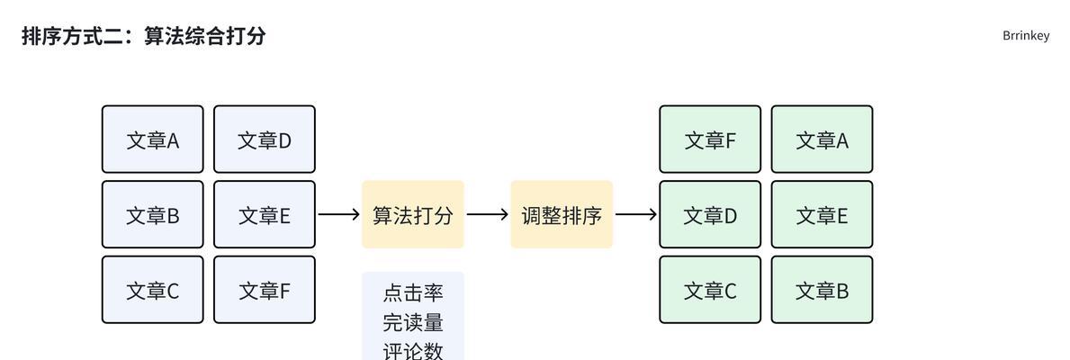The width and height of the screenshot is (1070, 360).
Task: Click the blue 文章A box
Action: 152,139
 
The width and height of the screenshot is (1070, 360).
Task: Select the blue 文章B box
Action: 152,215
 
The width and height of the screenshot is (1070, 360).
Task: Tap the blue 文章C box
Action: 152,290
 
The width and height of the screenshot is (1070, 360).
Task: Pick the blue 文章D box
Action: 264,139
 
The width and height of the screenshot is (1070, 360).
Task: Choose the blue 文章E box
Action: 264,215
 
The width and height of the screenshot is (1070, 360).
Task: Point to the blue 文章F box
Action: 264,290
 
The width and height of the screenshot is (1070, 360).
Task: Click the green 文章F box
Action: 710,139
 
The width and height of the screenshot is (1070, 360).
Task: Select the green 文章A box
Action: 822,139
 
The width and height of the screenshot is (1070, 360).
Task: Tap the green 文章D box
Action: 710,215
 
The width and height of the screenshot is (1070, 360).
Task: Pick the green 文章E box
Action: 822,215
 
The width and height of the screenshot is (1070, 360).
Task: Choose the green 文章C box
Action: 710,290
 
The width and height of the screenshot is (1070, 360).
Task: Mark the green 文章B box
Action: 822,290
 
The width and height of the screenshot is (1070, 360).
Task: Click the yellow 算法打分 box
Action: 413,215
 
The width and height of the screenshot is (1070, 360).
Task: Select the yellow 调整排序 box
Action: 562,215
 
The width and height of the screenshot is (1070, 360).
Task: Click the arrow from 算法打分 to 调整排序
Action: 488,215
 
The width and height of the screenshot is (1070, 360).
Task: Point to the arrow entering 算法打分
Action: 338,215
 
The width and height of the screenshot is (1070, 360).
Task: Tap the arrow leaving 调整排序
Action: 636,215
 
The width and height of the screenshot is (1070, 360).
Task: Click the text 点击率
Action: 413,293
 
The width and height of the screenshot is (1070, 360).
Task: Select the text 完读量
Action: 413,321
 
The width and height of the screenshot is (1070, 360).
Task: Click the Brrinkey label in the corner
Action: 1026,36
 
